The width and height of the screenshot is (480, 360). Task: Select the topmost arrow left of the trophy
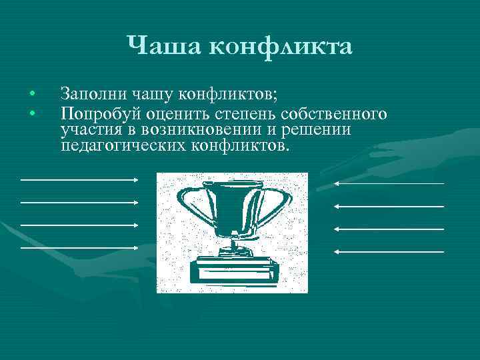(x=79, y=179)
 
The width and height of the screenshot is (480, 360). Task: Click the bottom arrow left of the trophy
(x=79, y=247)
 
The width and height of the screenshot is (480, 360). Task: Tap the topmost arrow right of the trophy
(x=389, y=183)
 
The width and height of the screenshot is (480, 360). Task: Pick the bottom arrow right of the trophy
(x=389, y=251)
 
